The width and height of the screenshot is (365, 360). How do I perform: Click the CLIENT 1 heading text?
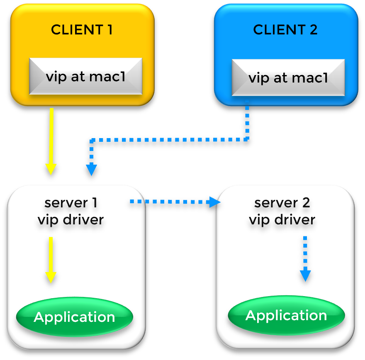point(82,30)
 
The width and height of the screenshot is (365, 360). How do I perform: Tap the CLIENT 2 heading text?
point(285,30)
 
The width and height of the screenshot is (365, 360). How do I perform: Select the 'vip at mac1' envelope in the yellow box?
point(85,76)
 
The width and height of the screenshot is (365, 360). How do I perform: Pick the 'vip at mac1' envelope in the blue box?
point(288,78)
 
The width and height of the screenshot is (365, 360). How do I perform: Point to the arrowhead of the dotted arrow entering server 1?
point(91,170)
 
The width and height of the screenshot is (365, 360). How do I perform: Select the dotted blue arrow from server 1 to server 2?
point(174,202)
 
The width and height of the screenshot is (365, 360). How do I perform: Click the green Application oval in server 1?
point(74,317)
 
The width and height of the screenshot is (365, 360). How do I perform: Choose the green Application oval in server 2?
point(286,316)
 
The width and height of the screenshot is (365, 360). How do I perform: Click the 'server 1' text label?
point(71,203)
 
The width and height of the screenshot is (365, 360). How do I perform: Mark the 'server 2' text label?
point(282,203)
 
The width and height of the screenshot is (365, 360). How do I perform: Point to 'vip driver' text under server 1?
point(71,219)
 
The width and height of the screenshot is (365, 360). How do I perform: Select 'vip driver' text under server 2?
point(282,219)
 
